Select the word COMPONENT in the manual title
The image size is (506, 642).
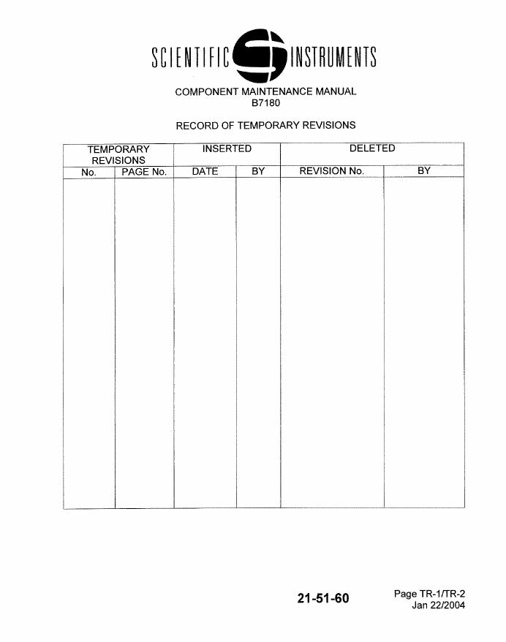click(205, 91)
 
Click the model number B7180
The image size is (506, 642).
click(265, 103)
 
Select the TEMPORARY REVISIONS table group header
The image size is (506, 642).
click(118, 154)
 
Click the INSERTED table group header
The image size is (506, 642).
click(227, 148)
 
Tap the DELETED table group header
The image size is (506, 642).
click(372, 148)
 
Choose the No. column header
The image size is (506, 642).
click(89, 172)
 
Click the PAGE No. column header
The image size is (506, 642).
click(144, 172)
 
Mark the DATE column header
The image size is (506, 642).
click(205, 172)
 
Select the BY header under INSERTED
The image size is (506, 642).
click(257, 172)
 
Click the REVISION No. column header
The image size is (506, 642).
click(331, 172)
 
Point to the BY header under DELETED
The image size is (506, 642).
click(424, 172)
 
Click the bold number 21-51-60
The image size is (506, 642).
click(323, 599)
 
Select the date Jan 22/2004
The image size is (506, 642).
click(438, 605)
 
